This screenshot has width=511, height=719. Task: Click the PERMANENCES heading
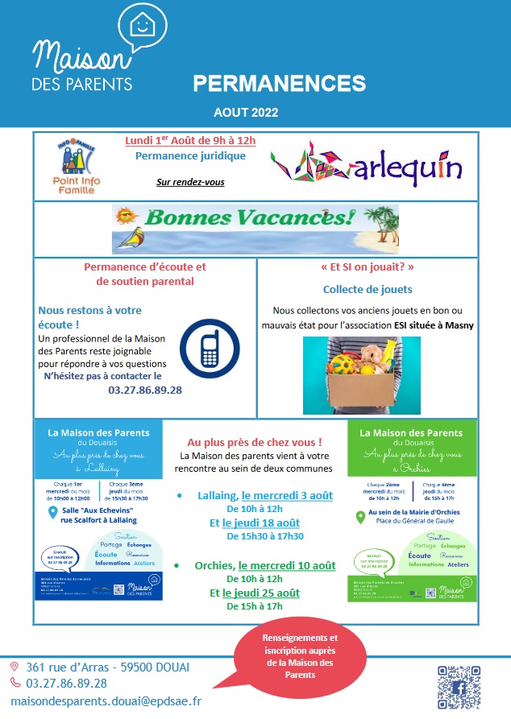pyautogui.click(x=279, y=83)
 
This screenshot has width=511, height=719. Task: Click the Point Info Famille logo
pyautogui.click(x=80, y=167)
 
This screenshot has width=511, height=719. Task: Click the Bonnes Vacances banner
pyautogui.click(x=255, y=228)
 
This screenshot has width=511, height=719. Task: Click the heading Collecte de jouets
pyautogui.click(x=368, y=289)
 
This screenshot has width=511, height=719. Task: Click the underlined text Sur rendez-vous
pyautogui.click(x=190, y=182)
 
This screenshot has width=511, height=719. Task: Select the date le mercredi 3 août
pyautogui.click(x=287, y=495)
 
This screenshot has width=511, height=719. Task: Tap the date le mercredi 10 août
pyautogui.click(x=289, y=565)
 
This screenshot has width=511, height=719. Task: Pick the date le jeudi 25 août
pyautogui.click(x=261, y=593)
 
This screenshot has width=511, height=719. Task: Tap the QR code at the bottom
pyautogui.click(x=459, y=687)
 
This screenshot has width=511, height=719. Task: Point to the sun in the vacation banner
pyautogui.click(x=126, y=217)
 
